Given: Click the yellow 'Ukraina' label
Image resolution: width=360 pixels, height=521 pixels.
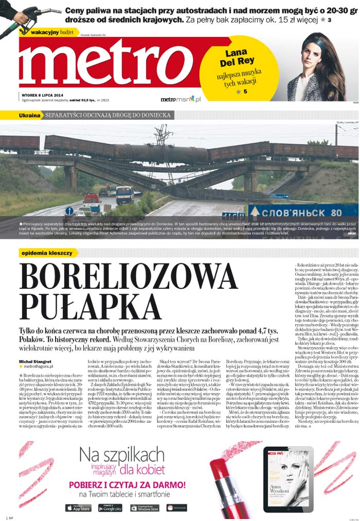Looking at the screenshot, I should (30, 116).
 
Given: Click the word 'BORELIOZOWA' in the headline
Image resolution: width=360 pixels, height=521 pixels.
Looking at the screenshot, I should (128, 278).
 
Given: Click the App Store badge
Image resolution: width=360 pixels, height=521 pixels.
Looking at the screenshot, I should (79, 508).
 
